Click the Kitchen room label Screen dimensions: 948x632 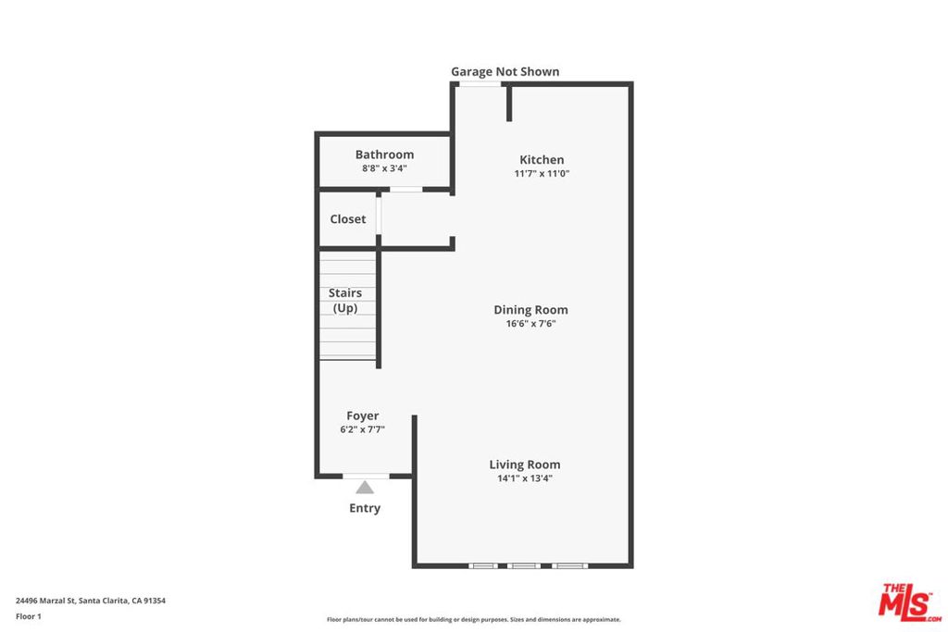(x=542, y=159)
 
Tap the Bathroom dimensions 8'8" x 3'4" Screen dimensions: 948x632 (x=384, y=168)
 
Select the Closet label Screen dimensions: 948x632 (x=348, y=218)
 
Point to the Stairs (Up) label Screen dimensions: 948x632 (x=345, y=301)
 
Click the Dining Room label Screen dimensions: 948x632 (x=530, y=310)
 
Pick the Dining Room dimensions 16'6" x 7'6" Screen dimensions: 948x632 (x=530, y=324)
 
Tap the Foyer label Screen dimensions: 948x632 (x=363, y=415)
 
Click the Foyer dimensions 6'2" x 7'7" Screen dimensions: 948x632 (x=363, y=429)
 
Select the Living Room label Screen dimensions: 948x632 (x=525, y=465)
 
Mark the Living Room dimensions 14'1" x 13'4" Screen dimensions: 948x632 (x=525, y=478)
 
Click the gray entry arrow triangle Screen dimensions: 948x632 (x=365, y=487)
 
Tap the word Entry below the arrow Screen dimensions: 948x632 (x=365, y=508)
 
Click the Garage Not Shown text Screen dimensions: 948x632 (x=505, y=71)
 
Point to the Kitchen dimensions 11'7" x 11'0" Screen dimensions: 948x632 (x=542, y=173)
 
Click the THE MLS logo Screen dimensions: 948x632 (x=909, y=602)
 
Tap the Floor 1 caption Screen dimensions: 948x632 (x=29, y=616)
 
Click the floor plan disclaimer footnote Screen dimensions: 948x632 (x=473, y=619)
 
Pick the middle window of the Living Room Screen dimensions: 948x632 (x=524, y=566)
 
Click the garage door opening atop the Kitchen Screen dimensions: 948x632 (x=480, y=84)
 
